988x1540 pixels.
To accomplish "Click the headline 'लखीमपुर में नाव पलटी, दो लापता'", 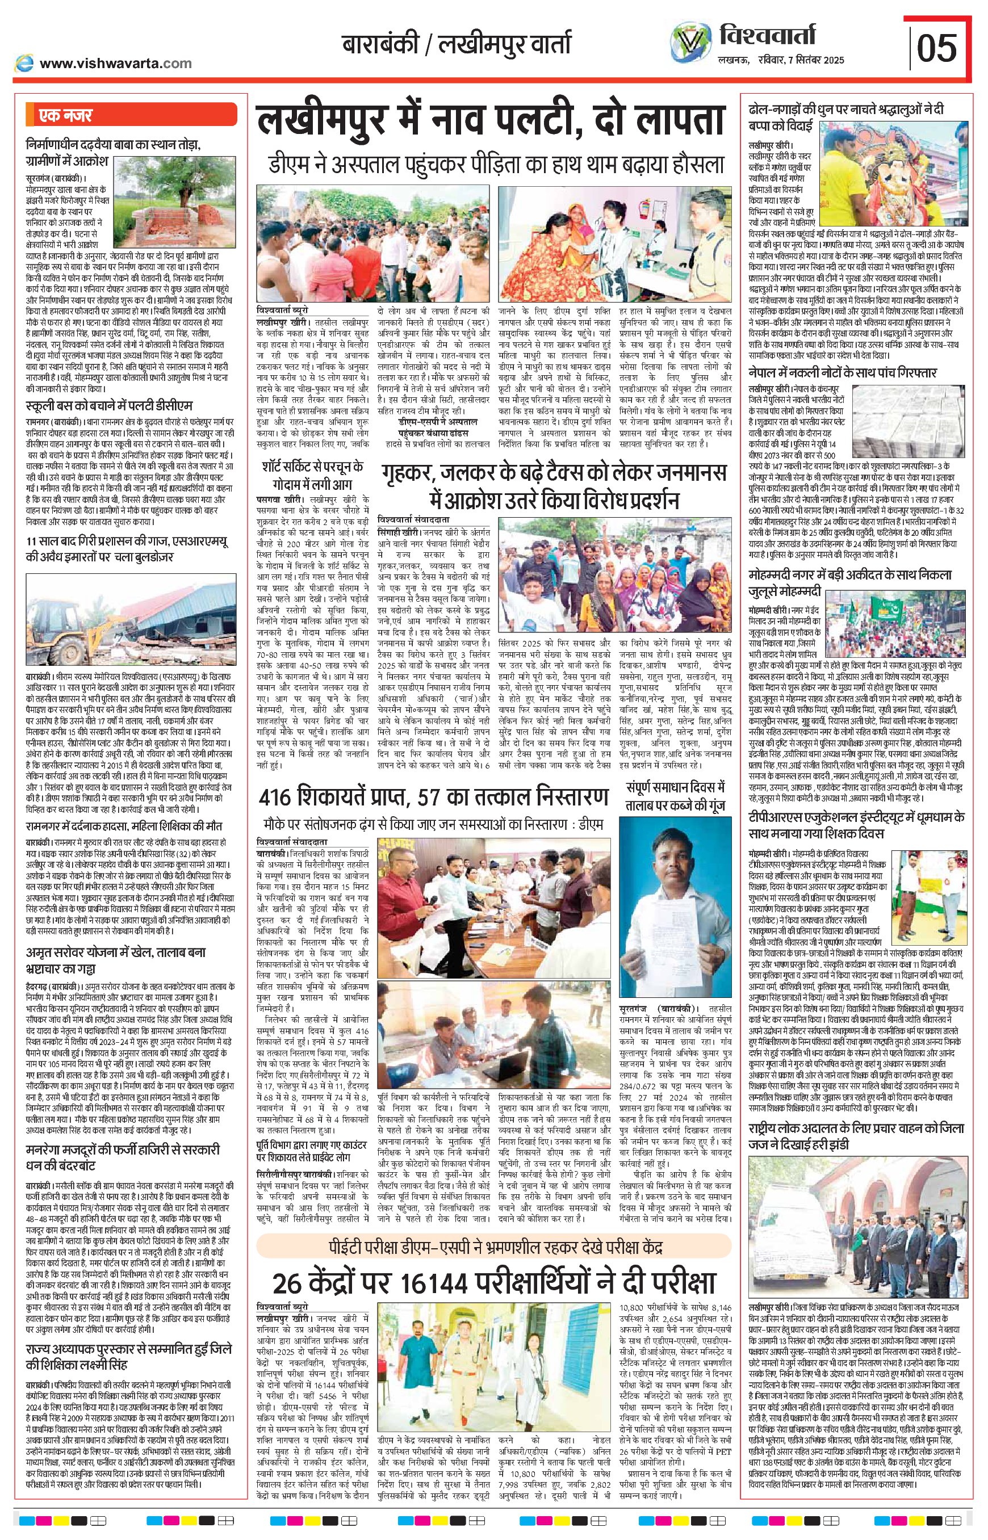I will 491,123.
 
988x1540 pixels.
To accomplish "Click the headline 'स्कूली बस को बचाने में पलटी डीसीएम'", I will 109,406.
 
